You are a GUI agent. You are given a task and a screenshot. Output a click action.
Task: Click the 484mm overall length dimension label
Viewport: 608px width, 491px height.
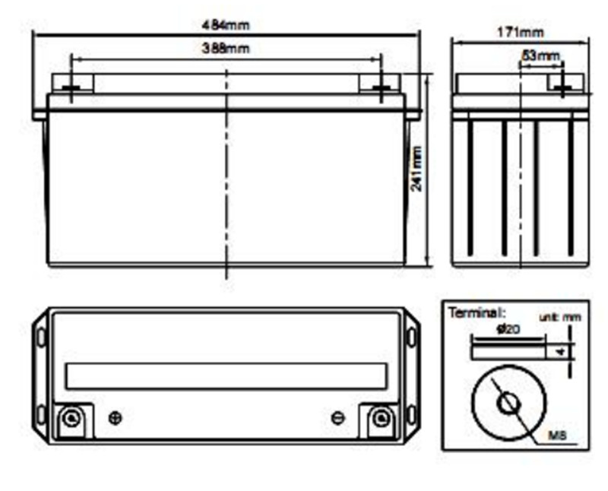point(226,25)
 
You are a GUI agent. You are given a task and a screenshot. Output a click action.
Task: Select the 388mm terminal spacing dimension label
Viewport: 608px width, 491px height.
point(226,49)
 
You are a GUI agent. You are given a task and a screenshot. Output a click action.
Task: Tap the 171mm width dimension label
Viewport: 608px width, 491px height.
point(521,32)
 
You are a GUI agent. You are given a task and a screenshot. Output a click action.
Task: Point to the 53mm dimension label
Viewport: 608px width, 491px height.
point(541,55)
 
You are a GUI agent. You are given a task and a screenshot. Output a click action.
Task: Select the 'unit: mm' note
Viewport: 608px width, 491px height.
point(559,318)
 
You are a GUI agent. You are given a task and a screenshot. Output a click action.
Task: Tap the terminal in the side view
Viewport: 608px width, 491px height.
point(562,87)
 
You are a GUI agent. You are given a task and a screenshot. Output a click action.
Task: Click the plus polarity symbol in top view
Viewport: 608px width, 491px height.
point(116,417)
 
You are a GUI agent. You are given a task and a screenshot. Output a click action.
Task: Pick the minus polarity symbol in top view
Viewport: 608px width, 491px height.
point(338,417)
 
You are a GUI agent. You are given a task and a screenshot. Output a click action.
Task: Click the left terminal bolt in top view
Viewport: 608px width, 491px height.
point(71,417)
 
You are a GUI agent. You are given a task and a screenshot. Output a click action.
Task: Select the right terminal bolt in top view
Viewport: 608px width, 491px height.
point(380,418)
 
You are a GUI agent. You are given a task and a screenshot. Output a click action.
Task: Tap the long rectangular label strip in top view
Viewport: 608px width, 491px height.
point(226,375)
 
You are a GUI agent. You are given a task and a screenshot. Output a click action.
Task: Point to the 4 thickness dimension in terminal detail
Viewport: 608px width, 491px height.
point(561,352)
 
